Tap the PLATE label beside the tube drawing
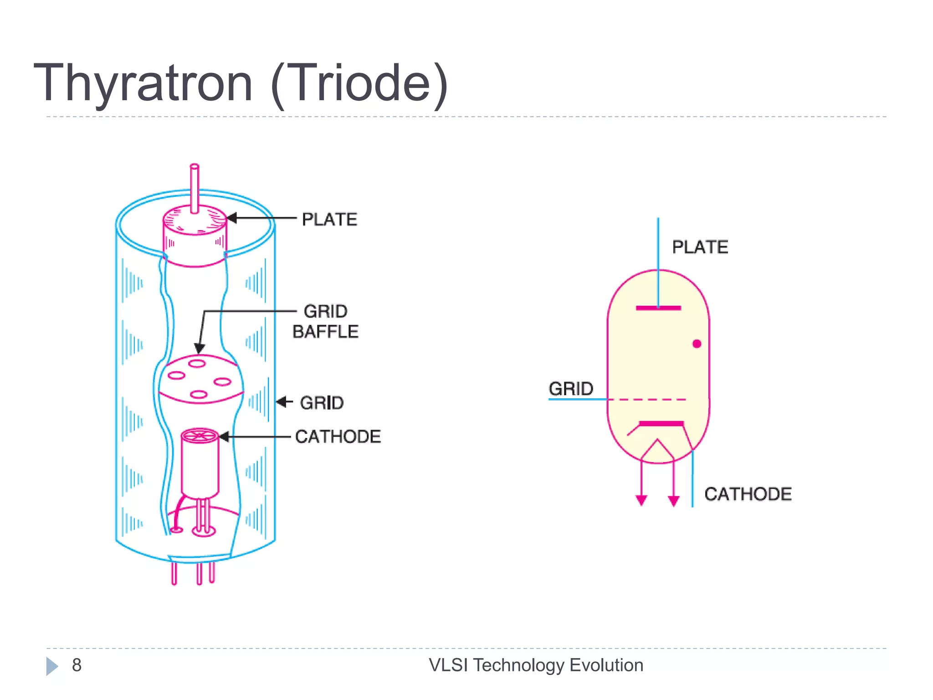coord(329,220)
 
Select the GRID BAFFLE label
coord(325,321)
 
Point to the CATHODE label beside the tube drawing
coord(338,437)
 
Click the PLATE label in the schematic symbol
coord(700,247)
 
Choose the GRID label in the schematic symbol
coord(571,389)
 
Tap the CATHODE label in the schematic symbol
coord(748,494)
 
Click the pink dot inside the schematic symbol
coord(697,344)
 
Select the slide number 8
coord(77,665)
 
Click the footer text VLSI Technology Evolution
coord(536,665)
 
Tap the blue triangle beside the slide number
coord(52,666)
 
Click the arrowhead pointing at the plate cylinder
coord(232,218)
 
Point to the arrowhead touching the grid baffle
coord(199,348)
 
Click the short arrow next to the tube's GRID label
coord(284,402)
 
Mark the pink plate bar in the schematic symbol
coord(658,308)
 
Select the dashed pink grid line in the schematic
coord(647,400)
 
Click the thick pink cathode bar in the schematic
coord(661,423)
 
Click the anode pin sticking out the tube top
coord(195,188)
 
